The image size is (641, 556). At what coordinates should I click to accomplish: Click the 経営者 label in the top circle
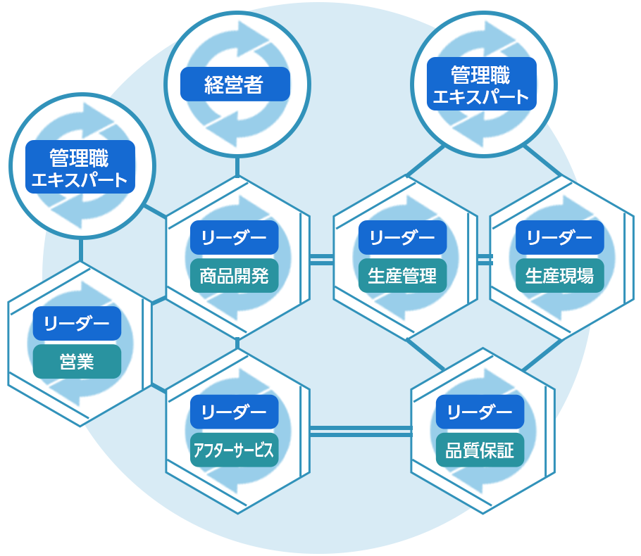click(x=235, y=84)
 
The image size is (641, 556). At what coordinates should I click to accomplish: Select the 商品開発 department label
click(x=235, y=275)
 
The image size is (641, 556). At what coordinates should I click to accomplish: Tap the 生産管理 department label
click(x=402, y=275)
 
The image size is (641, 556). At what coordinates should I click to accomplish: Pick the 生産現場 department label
click(x=559, y=275)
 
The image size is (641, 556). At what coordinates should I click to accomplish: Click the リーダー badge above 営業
click(x=77, y=324)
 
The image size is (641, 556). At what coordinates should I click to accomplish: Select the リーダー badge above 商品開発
click(x=235, y=237)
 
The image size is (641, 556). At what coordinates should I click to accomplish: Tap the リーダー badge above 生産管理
click(x=402, y=237)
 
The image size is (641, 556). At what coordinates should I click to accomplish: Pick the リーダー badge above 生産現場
click(x=559, y=237)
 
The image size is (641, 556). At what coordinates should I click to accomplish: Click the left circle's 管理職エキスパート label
click(x=80, y=166)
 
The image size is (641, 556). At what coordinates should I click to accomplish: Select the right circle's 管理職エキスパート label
click(x=482, y=84)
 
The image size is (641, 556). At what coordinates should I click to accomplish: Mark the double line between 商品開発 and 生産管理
click(x=322, y=259)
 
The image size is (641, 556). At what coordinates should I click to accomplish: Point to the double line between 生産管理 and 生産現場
click(x=485, y=260)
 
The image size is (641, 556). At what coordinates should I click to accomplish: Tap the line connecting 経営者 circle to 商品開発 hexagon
click(x=237, y=167)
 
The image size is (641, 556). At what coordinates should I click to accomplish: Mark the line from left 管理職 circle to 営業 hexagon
click(x=81, y=249)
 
